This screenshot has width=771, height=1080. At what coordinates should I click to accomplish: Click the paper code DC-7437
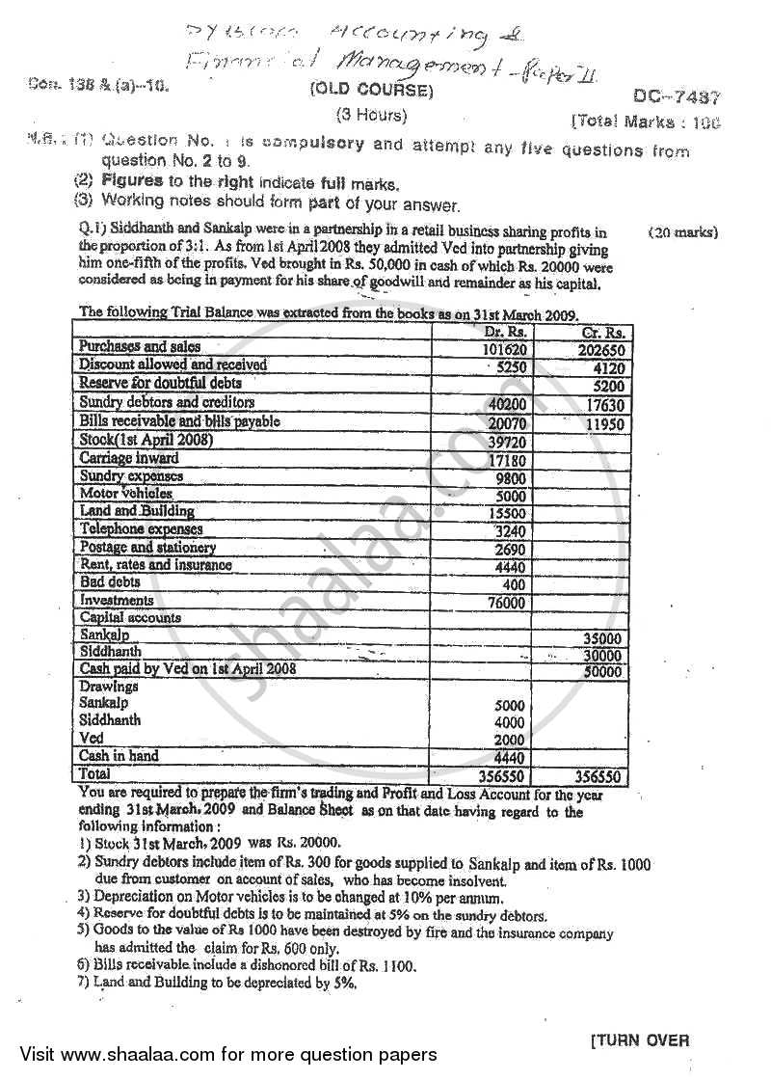pyautogui.click(x=678, y=96)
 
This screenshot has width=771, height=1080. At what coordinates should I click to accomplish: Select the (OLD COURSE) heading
pyautogui.click(x=371, y=93)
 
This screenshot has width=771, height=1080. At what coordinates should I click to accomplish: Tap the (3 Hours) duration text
pyautogui.click(x=371, y=116)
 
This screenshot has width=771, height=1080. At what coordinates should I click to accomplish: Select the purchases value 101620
pyautogui.click(x=503, y=348)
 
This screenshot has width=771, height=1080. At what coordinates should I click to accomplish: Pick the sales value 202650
pyautogui.click(x=600, y=349)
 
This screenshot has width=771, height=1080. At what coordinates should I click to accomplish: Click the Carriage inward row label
pyautogui.click(x=128, y=458)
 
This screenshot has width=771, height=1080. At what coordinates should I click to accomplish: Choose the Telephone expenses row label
pyautogui.click(x=141, y=529)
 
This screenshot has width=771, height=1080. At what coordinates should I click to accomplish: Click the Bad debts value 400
pyautogui.click(x=513, y=584)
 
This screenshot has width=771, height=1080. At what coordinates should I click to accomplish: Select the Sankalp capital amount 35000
pyautogui.click(x=602, y=638)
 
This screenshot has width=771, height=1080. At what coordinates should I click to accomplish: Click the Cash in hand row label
pyautogui.click(x=119, y=756)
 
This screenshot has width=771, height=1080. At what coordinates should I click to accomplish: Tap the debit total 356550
pyautogui.click(x=502, y=775)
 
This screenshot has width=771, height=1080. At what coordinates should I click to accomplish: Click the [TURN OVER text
pyautogui.click(x=639, y=1039)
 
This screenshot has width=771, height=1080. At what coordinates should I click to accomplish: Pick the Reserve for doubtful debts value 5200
pyautogui.click(x=604, y=385)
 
